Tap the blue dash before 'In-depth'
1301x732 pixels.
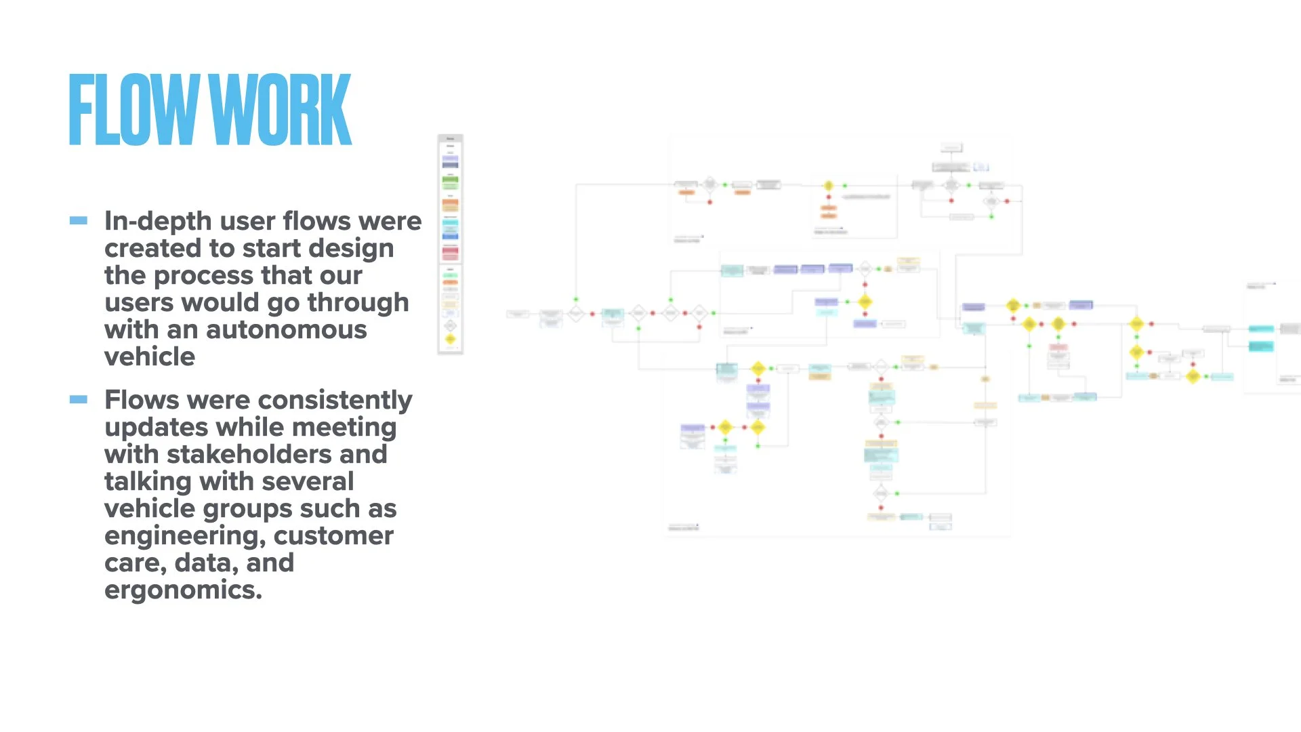[x=79, y=220]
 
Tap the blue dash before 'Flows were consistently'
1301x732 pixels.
[x=79, y=399]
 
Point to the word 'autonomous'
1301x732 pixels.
[x=286, y=330]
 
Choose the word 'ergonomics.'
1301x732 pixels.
[x=183, y=590]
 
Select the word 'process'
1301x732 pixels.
[x=204, y=277]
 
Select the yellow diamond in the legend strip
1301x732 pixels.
[x=450, y=339]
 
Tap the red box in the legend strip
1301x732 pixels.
[x=450, y=252]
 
